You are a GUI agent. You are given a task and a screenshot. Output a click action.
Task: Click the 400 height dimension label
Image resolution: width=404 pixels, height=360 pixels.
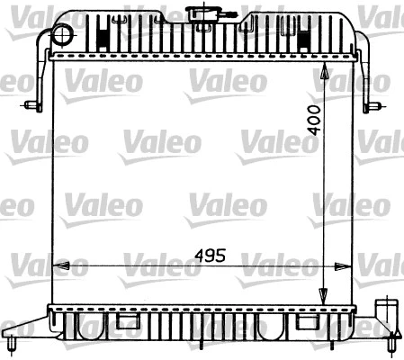pos(312,120)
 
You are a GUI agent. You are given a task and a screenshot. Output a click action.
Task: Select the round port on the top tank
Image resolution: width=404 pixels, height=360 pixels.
pos(61,34)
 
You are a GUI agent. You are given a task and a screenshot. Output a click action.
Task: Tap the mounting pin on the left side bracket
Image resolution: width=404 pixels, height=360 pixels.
pos(32,106)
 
